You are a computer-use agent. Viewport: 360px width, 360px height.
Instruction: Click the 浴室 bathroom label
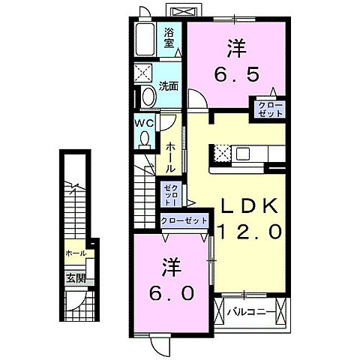(170, 37)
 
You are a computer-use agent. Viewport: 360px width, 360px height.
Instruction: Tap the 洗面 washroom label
(169, 86)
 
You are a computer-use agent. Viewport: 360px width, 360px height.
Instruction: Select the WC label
(144, 123)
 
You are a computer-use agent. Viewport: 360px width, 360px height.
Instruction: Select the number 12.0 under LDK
(250, 232)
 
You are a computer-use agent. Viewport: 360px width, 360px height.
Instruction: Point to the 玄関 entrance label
(75, 278)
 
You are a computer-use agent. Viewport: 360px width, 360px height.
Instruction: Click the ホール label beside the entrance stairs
(75, 253)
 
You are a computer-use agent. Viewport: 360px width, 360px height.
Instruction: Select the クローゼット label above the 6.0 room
(184, 220)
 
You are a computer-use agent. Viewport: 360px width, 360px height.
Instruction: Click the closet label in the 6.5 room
(271, 109)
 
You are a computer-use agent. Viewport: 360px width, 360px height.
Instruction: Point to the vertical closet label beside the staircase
(170, 195)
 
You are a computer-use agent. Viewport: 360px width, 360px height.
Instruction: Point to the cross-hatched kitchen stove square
(221, 154)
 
